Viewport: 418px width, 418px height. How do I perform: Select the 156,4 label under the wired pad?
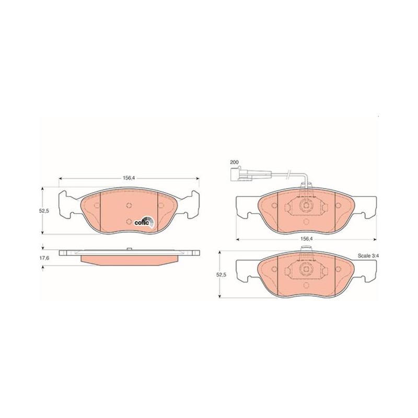coord(306,239)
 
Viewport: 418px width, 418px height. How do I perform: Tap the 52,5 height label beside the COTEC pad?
coord(44,211)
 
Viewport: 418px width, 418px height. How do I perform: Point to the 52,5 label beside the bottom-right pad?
coord(222,275)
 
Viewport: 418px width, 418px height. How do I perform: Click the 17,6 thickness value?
coord(44,258)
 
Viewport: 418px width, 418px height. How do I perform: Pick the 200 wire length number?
coord(235,162)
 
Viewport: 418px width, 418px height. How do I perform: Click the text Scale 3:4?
coord(368,256)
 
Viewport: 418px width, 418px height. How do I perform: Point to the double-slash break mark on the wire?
coord(288,174)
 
